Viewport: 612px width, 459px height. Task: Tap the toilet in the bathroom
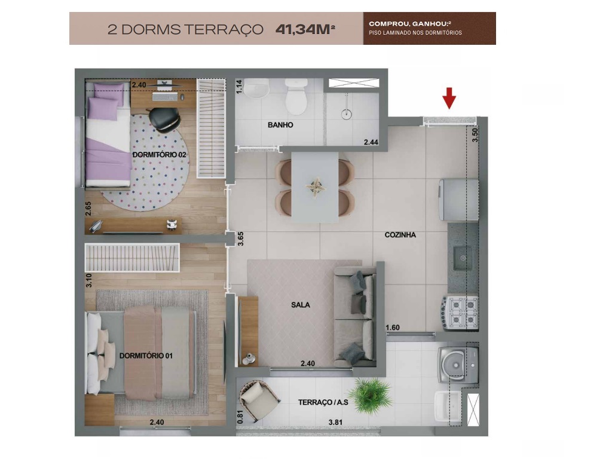[x=295, y=96]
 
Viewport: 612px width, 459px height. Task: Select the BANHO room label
[x=280, y=126]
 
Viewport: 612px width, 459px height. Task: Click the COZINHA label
[x=400, y=235]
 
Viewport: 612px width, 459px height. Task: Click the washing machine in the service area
[x=458, y=363]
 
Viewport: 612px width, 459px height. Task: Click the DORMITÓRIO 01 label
[x=146, y=356]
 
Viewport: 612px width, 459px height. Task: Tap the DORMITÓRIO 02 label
[x=158, y=154]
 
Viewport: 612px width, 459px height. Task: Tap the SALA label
[x=300, y=305]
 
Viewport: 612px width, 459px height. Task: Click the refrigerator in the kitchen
[x=459, y=200]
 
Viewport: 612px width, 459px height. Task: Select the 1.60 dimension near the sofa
[x=392, y=327]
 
